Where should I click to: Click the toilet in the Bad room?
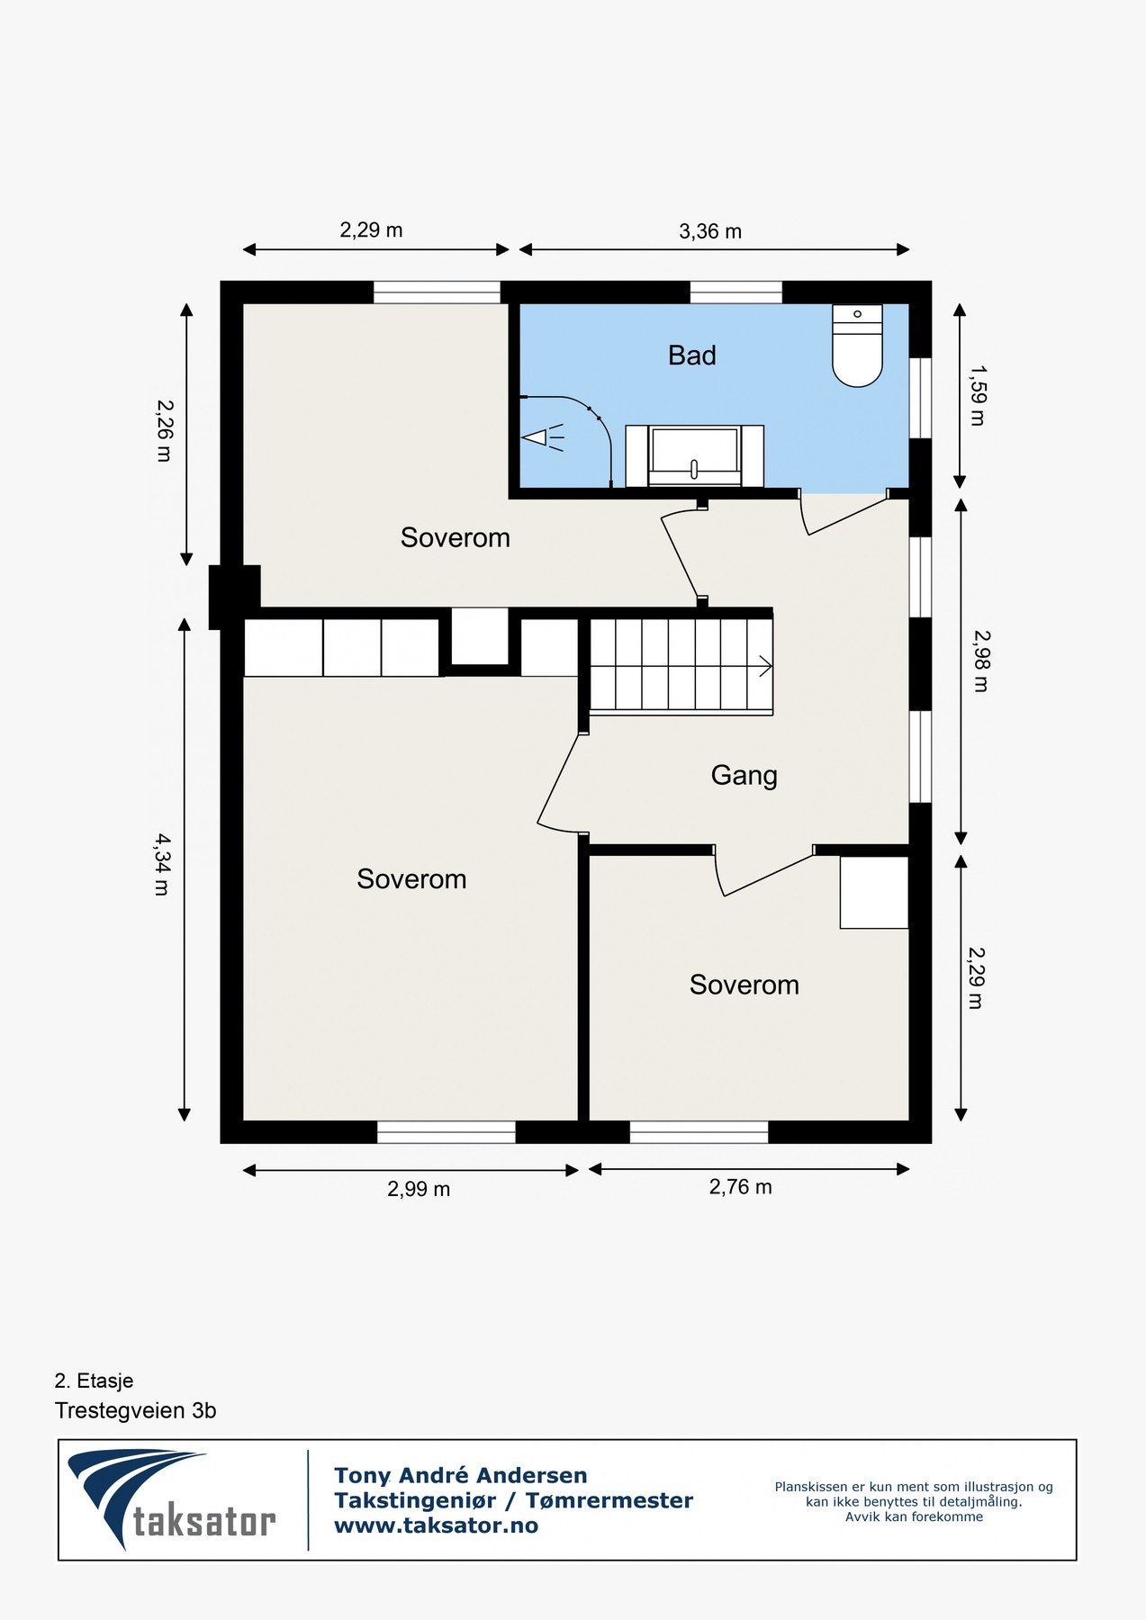coord(857,346)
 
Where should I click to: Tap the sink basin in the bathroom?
coord(694,455)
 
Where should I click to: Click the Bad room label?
coord(691,355)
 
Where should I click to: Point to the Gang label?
coord(744,775)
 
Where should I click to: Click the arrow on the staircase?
coord(764,667)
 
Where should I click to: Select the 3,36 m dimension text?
coord(710,231)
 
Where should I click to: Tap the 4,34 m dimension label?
coord(162,864)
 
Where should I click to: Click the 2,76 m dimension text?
coord(740,1187)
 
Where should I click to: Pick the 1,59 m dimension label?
coord(978,395)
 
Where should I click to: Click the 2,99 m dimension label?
coord(419,1189)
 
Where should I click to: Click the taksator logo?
coord(171,1499)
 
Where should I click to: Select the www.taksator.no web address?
coord(436,1525)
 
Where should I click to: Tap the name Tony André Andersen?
coord(460,1475)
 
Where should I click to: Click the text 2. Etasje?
coord(94,1381)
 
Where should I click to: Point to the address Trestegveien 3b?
coord(135,1410)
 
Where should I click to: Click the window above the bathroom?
coord(735,292)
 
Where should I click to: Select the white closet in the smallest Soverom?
coord(873,892)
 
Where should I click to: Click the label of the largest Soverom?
coord(411,879)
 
